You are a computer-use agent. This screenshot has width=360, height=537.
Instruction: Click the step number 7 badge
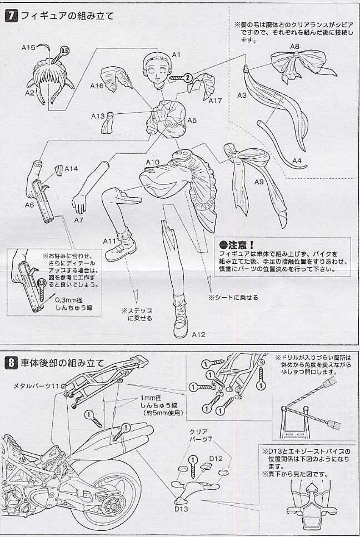click(x=10, y=16)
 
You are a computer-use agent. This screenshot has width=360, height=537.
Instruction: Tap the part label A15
click(x=29, y=48)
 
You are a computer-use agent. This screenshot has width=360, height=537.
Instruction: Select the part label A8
click(x=295, y=46)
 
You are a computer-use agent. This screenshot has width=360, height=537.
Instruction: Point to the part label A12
click(x=199, y=334)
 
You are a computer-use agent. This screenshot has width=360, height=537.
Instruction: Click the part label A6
click(x=29, y=204)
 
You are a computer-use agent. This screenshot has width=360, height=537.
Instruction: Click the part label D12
click(x=216, y=458)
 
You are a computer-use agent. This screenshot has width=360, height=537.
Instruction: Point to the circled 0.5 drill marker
click(x=64, y=51)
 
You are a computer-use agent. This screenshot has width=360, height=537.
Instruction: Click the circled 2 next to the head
click(x=188, y=78)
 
